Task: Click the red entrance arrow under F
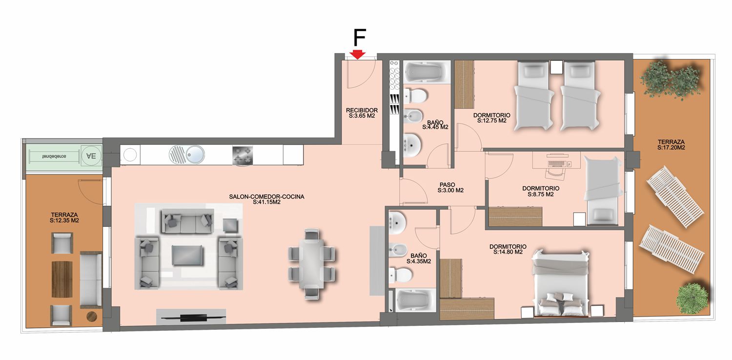(358, 55)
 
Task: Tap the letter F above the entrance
(360, 38)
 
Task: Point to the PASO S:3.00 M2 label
(450, 187)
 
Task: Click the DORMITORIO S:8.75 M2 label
(541, 191)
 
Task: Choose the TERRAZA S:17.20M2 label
(671, 145)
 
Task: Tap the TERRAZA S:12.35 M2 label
(64, 218)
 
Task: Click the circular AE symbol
(91, 156)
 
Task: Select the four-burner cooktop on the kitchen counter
(243, 156)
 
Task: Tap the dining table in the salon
(312, 263)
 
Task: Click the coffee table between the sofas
(187, 255)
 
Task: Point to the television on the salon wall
(194, 317)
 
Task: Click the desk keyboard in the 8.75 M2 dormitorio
(556, 163)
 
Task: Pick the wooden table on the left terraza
(62, 279)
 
